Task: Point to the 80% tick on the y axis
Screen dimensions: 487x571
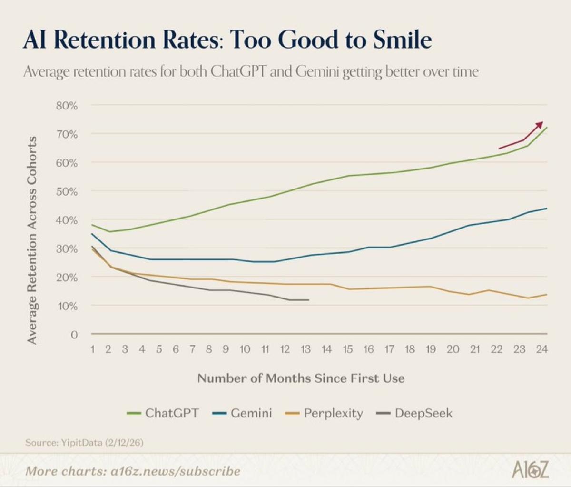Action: pyautogui.click(x=67, y=106)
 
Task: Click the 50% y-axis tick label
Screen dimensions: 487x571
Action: pyautogui.click(x=67, y=191)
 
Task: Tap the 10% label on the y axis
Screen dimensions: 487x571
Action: pyautogui.click(x=67, y=306)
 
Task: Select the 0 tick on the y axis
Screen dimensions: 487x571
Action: pyautogui.click(x=74, y=335)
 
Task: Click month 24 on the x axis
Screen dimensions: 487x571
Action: pyautogui.click(x=541, y=349)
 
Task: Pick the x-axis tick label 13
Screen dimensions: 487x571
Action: pyautogui.click(x=305, y=349)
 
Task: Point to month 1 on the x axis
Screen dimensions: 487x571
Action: pyautogui.click(x=93, y=349)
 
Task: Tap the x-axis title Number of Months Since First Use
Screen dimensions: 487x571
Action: pyautogui.click(x=301, y=378)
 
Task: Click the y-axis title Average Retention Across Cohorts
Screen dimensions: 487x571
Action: pyautogui.click(x=32, y=240)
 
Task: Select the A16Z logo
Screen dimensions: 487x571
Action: pyautogui.click(x=530, y=470)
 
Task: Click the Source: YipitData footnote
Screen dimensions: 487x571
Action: pyautogui.click(x=84, y=442)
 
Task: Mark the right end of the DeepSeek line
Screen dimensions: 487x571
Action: pyautogui.click(x=308, y=300)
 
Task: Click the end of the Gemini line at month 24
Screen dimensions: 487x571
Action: pyautogui.click(x=546, y=209)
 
